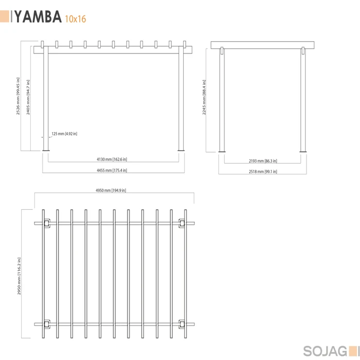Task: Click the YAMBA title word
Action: click(38, 16)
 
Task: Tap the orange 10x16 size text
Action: click(75, 19)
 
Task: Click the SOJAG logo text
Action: click(325, 351)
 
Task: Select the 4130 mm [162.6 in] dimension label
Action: click(112, 159)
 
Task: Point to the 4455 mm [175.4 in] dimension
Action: click(112, 170)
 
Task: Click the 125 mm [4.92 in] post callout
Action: click(64, 134)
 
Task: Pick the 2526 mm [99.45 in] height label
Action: click(18, 96)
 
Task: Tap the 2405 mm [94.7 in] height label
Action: click(28, 97)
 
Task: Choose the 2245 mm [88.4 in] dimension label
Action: click(204, 97)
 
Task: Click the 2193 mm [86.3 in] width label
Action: click(263, 161)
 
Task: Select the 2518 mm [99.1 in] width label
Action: click(263, 171)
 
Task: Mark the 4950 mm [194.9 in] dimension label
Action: click(111, 190)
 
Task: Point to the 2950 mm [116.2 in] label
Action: click(19, 276)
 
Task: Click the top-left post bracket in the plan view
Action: click(47, 223)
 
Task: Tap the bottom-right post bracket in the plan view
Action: click(182, 324)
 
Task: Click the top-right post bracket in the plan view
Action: click(182, 223)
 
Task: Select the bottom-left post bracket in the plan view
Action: click(47, 324)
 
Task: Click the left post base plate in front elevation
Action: click(46, 151)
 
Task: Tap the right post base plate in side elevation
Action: click(303, 152)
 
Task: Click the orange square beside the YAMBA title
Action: click(5, 16)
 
